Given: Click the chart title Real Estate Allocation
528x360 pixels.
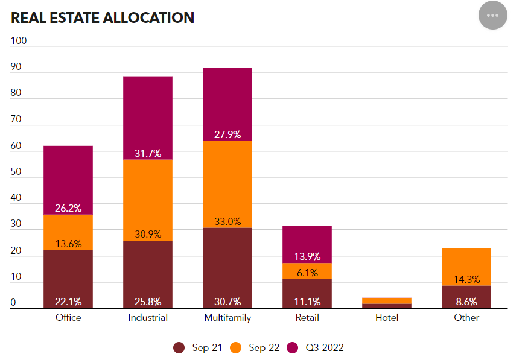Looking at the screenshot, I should click(x=103, y=18).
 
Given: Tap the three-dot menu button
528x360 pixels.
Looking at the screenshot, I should click(x=493, y=15).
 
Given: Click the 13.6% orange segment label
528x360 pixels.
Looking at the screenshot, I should click(x=68, y=244).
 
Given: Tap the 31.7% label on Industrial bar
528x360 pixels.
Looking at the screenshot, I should click(x=148, y=153).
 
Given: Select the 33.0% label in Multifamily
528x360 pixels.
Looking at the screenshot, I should click(x=227, y=221).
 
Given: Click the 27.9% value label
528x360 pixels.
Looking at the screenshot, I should click(x=227, y=134).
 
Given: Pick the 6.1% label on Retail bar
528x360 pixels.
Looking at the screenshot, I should click(x=307, y=273).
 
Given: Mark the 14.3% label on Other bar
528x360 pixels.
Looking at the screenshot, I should click(x=466, y=279).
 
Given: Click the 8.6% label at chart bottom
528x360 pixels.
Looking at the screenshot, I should click(x=466, y=302).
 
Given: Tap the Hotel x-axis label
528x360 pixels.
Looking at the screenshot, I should click(x=386, y=317).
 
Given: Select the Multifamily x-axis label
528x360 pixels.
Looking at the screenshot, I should click(x=227, y=317).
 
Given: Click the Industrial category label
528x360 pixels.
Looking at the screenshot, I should click(x=148, y=317).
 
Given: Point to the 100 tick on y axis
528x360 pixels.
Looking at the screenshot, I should click(x=19, y=41).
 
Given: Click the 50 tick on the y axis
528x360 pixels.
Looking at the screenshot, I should click(x=16, y=172).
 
